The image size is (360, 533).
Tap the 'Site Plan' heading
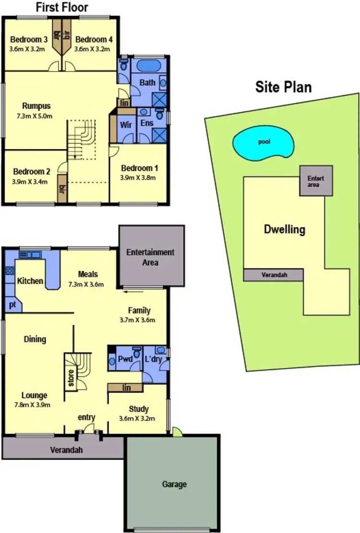pyautogui.click(x=283, y=87)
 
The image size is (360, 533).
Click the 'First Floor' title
pyautogui.click(x=62, y=7)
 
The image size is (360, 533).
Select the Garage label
pyautogui.click(x=174, y=485)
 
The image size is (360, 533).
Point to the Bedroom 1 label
pyautogui.click(x=139, y=169)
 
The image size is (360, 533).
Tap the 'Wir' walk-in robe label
pyautogui.click(x=126, y=124)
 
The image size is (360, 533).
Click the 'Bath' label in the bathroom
pyautogui.click(x=147, y=83)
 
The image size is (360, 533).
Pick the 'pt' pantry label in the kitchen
pyautogui.click(x=12, y=304)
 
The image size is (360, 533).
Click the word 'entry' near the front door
pyautogui.click(x=86, y=417)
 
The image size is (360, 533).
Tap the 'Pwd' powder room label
pyautogui.click(x=124, y=359)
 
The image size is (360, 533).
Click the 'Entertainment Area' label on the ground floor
pyautogui.click(x=150, y=257)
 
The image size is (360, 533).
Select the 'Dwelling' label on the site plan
pyautogui.click(x=285, y=229)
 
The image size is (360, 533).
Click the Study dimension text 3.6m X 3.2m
pyautogui.click(x=137, y=418)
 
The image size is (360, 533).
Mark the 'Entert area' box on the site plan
pyautogui.click(x=316, y=181)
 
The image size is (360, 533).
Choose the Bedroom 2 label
pyautogui.click(x=32, y=171)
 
